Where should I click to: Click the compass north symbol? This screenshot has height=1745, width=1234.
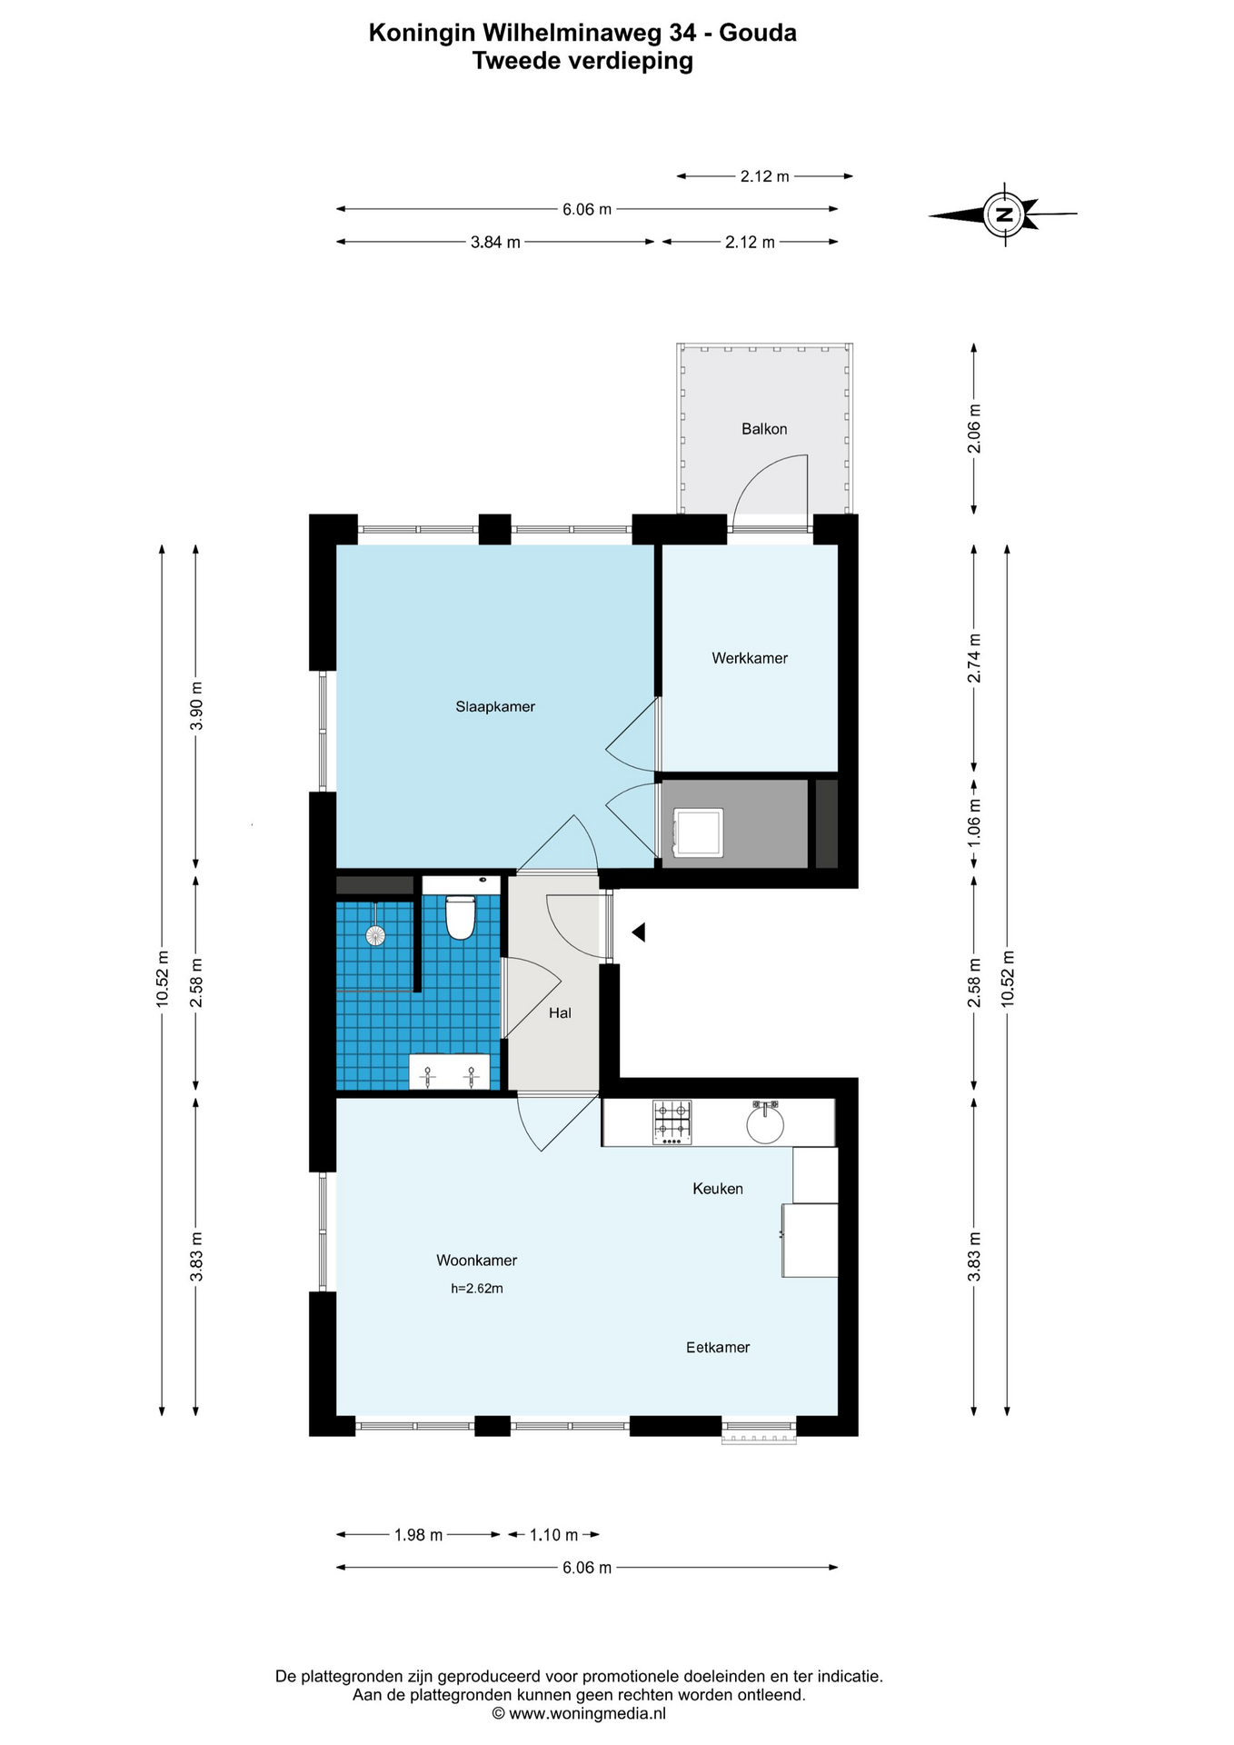coord(1004,214)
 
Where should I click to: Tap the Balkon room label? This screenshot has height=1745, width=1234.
coord(764,429)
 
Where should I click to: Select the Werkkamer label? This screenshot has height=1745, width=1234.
coord(750,658)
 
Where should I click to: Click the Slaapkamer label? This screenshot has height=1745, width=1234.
coord(495,706)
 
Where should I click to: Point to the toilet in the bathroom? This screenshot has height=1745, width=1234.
coord(461,917)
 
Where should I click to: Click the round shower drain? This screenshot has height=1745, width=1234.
coord(374,934)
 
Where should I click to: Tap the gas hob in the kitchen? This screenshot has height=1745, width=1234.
coord(672,1122)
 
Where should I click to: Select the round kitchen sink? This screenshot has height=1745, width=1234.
coord(766,1123)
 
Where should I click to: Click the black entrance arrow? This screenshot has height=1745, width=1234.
coord(639,932)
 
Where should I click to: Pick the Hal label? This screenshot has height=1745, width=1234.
coord(560,1012)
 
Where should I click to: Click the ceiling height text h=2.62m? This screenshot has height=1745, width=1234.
coord(477,1288)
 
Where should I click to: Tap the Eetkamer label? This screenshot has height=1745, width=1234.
coord(718,1347)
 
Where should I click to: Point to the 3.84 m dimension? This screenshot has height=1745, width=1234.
coord(495,242)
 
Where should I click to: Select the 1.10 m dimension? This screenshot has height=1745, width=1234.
coord(553,1534)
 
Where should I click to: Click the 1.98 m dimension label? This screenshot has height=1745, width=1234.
coord(418,1534)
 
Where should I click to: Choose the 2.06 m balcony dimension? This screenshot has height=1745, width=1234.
coord(974,429)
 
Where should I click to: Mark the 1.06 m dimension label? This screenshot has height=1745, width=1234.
coord(974,822)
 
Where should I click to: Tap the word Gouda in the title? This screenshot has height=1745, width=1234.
coord(758,33)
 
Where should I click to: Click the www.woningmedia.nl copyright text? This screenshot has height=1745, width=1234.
coord(579,1713)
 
